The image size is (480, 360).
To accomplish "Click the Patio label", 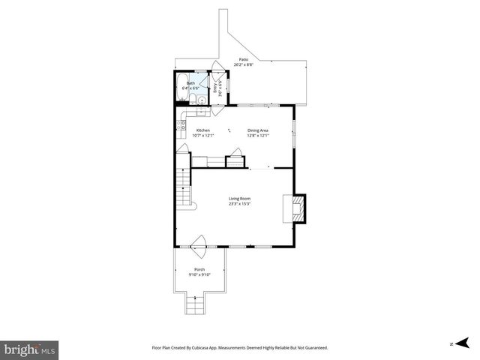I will click(243, 59).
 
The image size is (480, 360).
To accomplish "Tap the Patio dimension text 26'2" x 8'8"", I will click(243, 65).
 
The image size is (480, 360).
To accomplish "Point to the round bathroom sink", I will click(201, 98).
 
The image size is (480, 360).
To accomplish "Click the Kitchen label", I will click(203, 130).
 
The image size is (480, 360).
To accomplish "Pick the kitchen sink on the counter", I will click(196, 113).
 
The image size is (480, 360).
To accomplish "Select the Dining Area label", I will click(258, 130).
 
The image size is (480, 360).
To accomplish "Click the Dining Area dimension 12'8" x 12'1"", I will click(258, 136).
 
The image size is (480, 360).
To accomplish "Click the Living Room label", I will click(239, 198).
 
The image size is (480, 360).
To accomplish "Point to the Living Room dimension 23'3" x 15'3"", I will click(239, 204).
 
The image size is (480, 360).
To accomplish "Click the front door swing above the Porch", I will click(199, 243).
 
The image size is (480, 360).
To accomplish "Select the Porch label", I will click(199, 269).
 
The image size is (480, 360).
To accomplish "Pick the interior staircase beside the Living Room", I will click(184, 190).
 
